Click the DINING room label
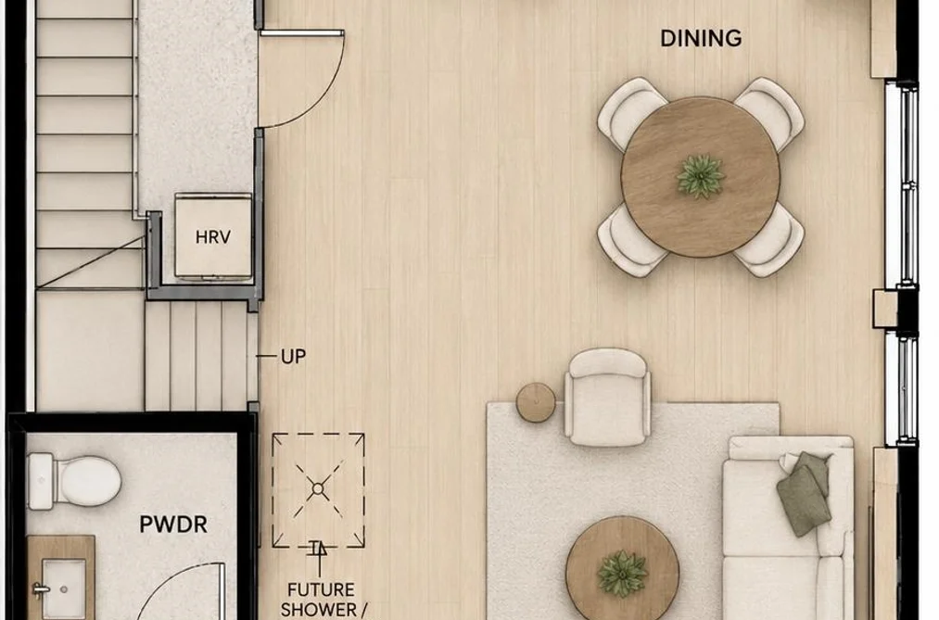pos(701,38)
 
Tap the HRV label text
pos(212,237)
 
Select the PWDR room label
pos(173,525)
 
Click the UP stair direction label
pos(294,357)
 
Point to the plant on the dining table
pos(700,176)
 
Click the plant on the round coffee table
pos(622,574)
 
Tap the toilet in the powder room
pos(73,481)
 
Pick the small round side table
pos(536,403)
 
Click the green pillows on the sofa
pos(805,492)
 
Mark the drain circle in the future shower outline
pos(318,489)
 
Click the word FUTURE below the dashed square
pos(321,590)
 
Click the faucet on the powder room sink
pos(40,590)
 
